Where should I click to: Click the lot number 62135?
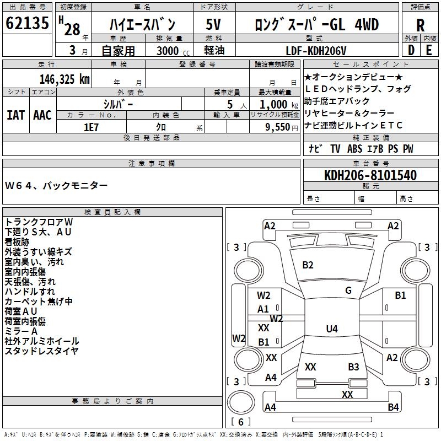click(x=27, y=24)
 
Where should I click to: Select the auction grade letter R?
click(x=420, y=25)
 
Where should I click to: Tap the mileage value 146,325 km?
click(x=64, y=79)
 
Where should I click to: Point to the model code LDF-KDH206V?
click(x=316, y=51)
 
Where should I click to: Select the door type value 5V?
click(x=214, y=24)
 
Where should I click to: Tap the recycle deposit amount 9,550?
click(x=278, y=127)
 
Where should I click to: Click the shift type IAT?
click(x=16, y=115)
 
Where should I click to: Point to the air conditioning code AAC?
click(x=42, y=115)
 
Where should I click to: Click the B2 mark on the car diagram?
click(x=308, y=265)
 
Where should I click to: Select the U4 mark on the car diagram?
click(x=331, y=329)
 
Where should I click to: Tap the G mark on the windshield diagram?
click(x=348, y=291)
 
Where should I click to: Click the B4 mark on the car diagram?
click(x=393, y=407)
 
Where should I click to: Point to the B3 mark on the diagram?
click(x=353, y=367)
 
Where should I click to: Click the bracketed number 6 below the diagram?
click(x=242, y=422)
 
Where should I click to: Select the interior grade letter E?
click(x=429, y=50)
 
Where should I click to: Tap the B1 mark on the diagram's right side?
click(x=400, y=295)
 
